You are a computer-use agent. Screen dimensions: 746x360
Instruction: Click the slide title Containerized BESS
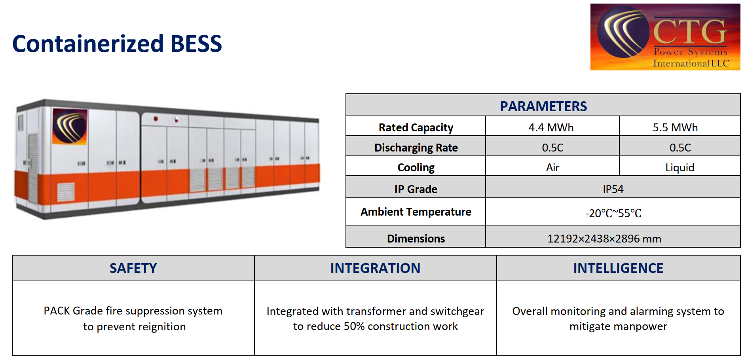(117, 44)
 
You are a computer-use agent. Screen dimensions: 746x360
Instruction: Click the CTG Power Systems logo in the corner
(665, 37)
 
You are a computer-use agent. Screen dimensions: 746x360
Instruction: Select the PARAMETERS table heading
(543, 106)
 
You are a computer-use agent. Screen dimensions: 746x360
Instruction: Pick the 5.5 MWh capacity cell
(675, 127)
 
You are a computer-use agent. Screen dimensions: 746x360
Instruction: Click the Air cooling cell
(552, 167)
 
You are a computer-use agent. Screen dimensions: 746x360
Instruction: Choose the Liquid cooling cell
(680, 167)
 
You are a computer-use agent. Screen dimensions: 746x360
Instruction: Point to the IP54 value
(613, 189)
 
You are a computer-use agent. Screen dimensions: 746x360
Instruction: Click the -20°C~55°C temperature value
(613, 213)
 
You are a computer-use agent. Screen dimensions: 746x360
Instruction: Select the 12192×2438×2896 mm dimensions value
(604, 239)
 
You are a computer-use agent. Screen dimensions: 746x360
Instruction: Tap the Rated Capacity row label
(416, 127)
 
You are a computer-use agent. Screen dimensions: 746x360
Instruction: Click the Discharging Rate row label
(416, 148)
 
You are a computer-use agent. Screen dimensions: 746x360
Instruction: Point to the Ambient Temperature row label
(416, 212)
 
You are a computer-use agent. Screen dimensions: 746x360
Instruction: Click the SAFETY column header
(133, 268)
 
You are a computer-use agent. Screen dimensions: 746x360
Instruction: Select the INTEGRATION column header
(375, 268)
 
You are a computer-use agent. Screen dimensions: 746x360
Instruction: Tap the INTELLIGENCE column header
(618, 268)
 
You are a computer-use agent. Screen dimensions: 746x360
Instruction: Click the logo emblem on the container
(69, 126)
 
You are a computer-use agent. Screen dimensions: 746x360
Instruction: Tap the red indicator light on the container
(156, 119)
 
